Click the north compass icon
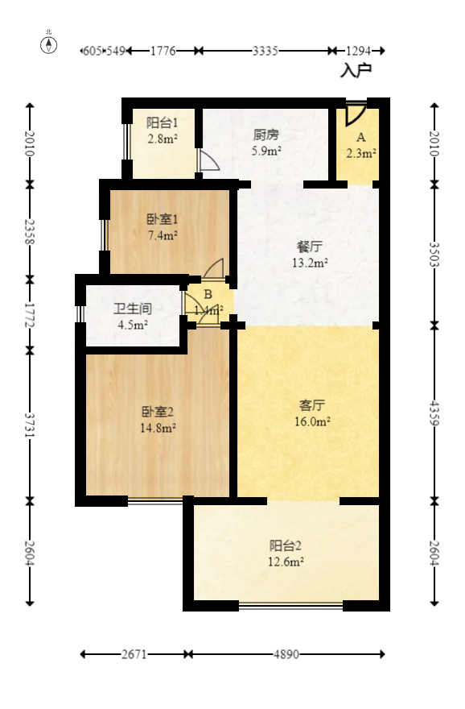tap(49, 45)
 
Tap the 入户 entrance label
tap(356, 71)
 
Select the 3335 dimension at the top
tap(265, 51)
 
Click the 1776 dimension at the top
tap(163, 51)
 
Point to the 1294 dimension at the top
tap(358, 51)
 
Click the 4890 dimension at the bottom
tap(286, 655)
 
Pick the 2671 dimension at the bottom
tap(134, 655)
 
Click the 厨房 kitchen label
tap(265, 135)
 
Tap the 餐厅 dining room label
tap(310, 247)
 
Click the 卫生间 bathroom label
tap(133, 309)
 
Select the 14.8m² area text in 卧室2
tap(158, 428)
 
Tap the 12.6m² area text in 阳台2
tap(286, 562)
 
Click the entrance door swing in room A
tap(354, 114)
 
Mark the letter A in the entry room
tap(361, 137)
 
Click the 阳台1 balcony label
tap(162, 122)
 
